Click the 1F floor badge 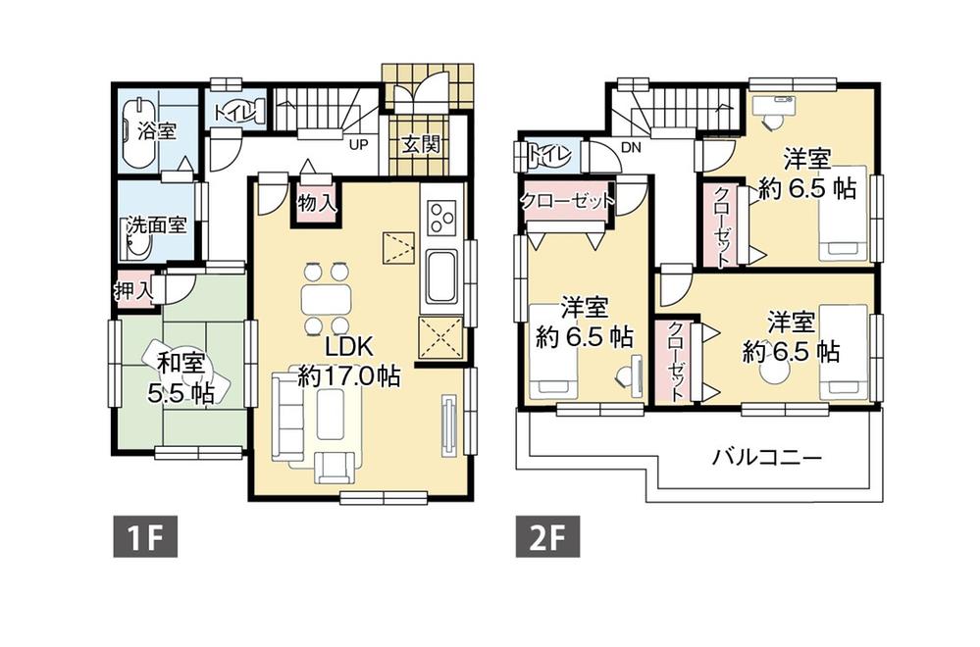pos(142,537)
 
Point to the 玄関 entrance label pos(420,144)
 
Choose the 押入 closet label pos(133,291)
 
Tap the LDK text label pos(348,346)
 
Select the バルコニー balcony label pos(767,457)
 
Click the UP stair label pos(359,143)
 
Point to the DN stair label pos(632,147)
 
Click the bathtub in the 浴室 pos(132,128)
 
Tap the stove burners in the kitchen pos(438,218)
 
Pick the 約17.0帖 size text pos(349,375)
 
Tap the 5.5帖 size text pos(181,393)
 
